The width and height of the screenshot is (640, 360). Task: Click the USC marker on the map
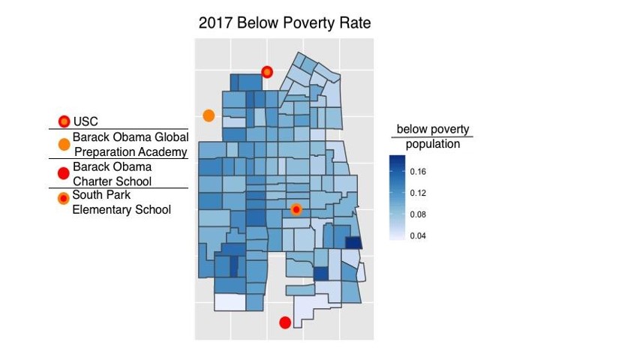point(266,72)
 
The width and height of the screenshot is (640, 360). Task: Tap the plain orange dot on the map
point(209,115)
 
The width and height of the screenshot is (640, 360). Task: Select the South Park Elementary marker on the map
point(296,209)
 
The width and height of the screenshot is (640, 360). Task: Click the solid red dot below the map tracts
point(285,322)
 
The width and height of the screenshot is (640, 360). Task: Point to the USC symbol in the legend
point(64,121)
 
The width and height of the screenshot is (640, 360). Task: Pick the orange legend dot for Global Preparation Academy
point(64,144)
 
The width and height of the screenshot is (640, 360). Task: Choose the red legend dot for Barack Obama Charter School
point(64,174)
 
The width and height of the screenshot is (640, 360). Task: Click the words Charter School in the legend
point(112,181)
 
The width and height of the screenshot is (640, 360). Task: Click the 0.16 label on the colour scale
point(419,172)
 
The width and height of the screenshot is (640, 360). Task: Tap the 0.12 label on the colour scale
point(419,193)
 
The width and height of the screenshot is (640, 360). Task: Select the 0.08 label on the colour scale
point(419,214)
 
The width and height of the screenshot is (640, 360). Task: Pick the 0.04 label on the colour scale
point(419,235)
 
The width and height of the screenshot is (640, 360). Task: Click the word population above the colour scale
point(433,144)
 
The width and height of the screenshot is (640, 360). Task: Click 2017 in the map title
point(216,23)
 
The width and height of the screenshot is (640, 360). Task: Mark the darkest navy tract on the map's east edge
point(353,242)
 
